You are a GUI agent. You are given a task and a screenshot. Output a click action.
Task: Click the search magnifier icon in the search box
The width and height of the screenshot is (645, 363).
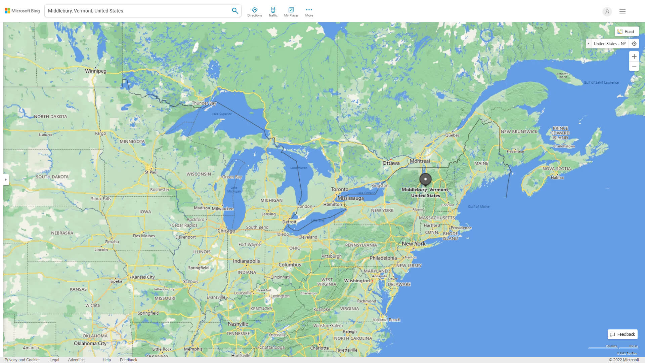tap(235, 11)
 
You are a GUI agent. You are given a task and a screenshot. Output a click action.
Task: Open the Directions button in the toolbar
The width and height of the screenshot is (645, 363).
tap(254, 12)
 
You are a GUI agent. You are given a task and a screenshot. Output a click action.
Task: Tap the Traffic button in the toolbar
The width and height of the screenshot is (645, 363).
tap(273, 12)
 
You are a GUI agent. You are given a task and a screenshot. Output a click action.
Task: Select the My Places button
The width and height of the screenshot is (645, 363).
tap(291, 12)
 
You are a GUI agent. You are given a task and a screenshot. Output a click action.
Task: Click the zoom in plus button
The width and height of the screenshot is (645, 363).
tap(634, 56)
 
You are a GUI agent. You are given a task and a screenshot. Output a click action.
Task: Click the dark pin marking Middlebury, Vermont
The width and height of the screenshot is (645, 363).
tap(425, 179)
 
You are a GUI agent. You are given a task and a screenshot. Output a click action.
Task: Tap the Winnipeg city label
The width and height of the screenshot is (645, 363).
tap(95, 71)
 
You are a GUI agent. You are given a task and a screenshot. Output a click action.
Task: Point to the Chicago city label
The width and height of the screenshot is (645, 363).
tap(226, 231)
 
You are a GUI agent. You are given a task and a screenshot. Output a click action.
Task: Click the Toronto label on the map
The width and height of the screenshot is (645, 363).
tap(340, 189)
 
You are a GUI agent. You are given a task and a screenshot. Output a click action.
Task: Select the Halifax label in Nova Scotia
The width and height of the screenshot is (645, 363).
tap(557, 177)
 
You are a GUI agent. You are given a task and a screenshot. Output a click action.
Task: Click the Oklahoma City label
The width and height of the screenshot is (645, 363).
tap(90, 343)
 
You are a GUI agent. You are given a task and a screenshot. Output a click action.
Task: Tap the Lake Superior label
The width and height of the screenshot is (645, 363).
tap(222, 114)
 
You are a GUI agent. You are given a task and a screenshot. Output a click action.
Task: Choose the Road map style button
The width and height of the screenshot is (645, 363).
tap(627, 32)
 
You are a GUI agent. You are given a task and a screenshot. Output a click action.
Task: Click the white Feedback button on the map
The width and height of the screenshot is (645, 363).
tap(622, 334)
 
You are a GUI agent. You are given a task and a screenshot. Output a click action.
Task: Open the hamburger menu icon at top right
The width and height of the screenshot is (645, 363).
tap(622, 11)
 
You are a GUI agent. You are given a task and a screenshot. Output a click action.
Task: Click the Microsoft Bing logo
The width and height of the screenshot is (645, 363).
tap(22, 11)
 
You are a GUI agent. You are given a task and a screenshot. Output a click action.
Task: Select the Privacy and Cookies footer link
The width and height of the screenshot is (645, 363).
tap(23, 360)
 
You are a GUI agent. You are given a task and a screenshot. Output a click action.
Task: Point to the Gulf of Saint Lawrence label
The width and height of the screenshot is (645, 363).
tap(601, 82)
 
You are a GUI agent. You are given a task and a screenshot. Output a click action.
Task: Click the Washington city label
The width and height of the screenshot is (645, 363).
tap(356, 281)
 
